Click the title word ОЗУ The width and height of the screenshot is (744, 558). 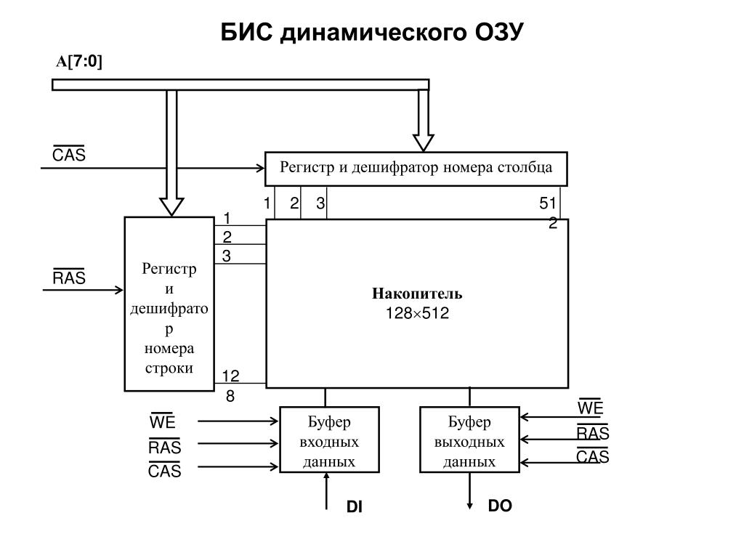(495, 33)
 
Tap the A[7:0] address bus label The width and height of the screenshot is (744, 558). (80, 62)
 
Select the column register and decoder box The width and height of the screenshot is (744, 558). (416, 169)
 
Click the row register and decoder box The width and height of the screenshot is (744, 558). (169, 304)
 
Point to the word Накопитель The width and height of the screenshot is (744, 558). (417, 294)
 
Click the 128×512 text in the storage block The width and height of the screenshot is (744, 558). (417, 314)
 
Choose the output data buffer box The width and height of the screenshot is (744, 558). (469, 440)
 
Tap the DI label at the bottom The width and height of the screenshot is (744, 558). (354, 508)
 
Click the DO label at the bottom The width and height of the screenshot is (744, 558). (500, 506)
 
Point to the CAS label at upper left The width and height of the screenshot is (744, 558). (69, 155)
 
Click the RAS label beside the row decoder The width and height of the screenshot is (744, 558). (69, 278)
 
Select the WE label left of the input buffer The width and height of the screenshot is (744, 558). (163, 422)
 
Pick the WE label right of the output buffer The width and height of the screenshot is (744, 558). (591, 408)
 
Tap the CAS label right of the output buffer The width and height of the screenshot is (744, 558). (593, 457)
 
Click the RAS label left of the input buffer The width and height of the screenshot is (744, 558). (165, 447)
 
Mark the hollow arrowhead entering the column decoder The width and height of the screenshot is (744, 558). (423, 142)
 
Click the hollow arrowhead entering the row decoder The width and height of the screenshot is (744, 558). (172, 206)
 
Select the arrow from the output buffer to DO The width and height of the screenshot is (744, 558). (470, 491)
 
